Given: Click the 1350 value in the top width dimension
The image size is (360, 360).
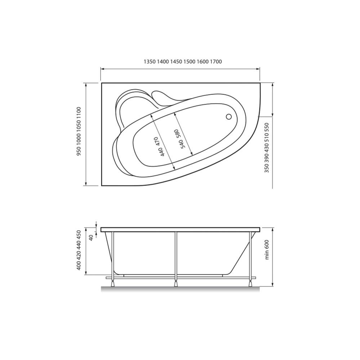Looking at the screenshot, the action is click(150, 62).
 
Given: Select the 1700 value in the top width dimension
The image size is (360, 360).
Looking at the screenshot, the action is click(216, 62).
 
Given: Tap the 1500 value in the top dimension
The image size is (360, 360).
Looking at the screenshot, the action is click(190, 62).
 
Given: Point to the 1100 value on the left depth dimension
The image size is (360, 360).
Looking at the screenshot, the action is click(79, 112).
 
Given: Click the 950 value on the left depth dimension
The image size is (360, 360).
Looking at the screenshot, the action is click(79, 151).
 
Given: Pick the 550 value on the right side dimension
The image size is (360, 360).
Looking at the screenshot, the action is click(266, 127).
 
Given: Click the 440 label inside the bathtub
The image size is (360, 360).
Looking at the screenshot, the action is click(162, 152).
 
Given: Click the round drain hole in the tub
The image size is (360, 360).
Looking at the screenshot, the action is click(229, 117).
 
